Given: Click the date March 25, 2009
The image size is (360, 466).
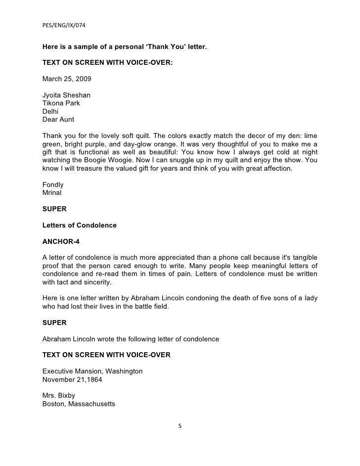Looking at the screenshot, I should (67, 79).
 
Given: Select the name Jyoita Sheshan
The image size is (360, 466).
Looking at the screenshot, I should (66, 95).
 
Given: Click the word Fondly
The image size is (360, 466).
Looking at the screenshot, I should (53, 185).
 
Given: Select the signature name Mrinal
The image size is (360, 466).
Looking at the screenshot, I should (52, 192).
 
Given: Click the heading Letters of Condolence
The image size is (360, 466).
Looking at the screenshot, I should (80, 225).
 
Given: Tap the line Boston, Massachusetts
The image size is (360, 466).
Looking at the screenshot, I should (79, 404).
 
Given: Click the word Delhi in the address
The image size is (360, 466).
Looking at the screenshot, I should (50, 111).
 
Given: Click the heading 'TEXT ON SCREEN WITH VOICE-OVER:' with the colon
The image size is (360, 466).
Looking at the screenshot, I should (108, 63).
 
